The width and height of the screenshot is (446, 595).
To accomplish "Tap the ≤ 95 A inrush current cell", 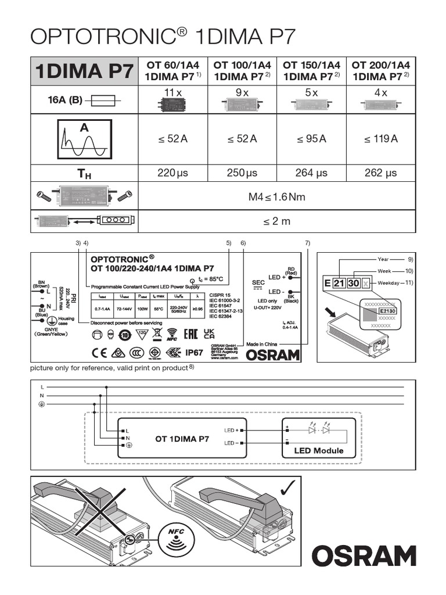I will coord(311,139).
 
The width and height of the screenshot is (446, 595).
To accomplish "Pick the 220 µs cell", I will coord(172,173).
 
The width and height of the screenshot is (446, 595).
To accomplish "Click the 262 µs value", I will coord(381,173).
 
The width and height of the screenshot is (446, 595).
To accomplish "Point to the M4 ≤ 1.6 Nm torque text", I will coord(276,197).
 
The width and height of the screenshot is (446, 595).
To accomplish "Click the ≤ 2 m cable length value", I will coord(276,221).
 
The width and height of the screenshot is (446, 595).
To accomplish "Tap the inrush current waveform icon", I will coord(84,139).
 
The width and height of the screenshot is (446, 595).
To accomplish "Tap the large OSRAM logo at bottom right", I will coord(364,555).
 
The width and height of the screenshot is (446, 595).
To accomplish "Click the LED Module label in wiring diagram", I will coord(318,450).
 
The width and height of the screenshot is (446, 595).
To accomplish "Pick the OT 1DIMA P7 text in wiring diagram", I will coord(182,439).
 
